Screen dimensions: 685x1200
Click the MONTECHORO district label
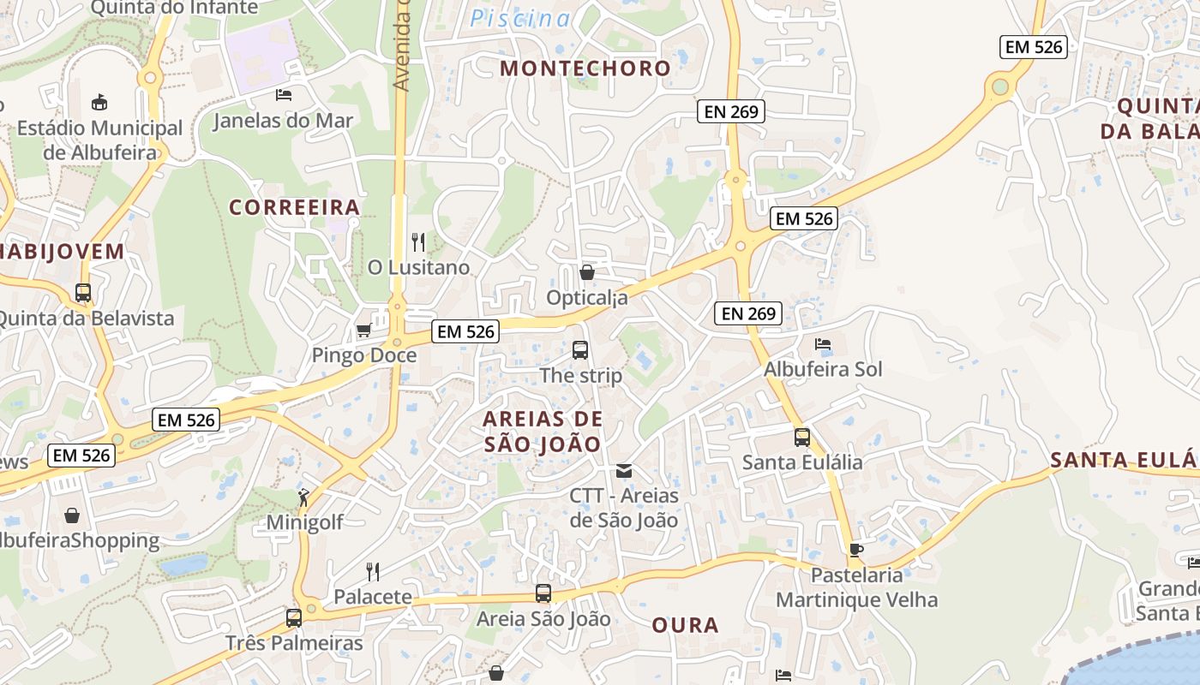[x=585, y=68]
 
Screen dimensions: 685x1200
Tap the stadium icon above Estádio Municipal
[x=99, y=102]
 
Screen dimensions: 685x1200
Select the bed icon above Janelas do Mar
[x=284, y=94]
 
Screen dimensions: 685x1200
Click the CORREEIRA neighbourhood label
[x=295, y=207]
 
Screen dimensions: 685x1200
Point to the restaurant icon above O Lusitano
[x=418, y=242]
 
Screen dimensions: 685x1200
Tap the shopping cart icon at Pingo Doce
[x=363, y=331]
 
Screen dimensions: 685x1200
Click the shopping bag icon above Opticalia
[x=587, y=272]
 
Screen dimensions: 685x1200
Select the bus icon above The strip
[x=580, y=349]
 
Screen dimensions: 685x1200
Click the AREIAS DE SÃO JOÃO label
[x=543, y=432]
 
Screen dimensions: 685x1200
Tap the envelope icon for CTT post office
[x=624, y=470]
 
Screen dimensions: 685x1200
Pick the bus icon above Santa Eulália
[x=802, y=437]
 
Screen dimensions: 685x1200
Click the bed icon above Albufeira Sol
[x=823, y=344]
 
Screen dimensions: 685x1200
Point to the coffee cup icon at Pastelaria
[x=855, y=550]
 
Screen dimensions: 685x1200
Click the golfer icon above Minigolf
[x=303, y=496]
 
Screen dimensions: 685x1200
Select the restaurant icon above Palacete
[x=373, y=571]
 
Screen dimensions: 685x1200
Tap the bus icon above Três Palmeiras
[x=294, y=617]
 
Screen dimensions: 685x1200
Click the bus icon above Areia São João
[x=543, y=593]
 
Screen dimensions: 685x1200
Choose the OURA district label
[x=685, y=625]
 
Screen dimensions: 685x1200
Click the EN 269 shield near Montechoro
[x=730, y=110]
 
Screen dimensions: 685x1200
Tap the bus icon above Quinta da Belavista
[x=83, y=292]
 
